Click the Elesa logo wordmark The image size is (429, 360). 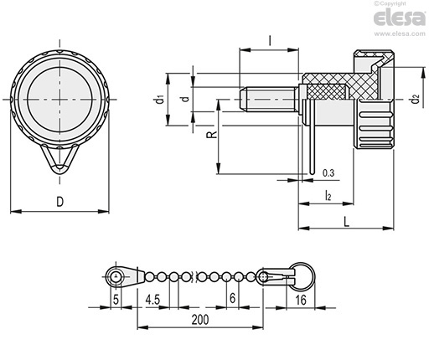tap(399, 18)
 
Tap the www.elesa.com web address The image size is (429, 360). tap(400, 34)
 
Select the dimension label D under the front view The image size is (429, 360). tap(60, 202)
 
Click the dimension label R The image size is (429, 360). tap(212, 134)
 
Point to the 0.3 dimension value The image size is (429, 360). tap(328, 173)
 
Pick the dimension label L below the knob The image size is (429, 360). tap(346, 222)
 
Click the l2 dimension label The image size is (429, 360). tap(328, 195)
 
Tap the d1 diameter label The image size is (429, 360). tap(159, 100)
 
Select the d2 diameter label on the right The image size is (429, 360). tap(416, 100)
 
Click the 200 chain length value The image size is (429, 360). tap(200, 320)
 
